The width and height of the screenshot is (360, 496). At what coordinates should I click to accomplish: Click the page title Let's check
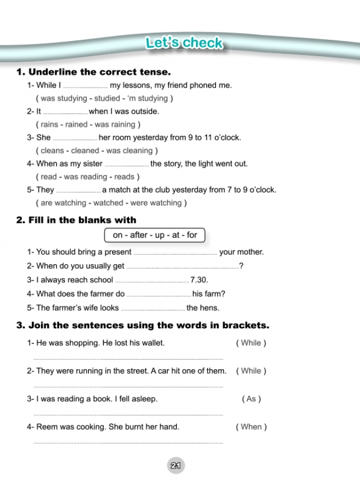[x=183, y=43]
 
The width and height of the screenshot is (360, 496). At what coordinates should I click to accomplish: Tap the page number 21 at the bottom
[x=176, y=465]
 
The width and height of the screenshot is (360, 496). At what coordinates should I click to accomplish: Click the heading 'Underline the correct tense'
[x=99, y=72]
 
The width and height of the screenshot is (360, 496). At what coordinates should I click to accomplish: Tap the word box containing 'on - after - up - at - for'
[x=155, y=235]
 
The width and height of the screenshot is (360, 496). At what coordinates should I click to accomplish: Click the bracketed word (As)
[x=251, y=399]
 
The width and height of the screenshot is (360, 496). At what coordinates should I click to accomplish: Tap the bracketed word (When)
[x=251, y=427]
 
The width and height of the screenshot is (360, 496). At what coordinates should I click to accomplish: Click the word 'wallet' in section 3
[x=153, y=343]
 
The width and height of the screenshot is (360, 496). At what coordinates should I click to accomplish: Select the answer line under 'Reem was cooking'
[x=128, y=443]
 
